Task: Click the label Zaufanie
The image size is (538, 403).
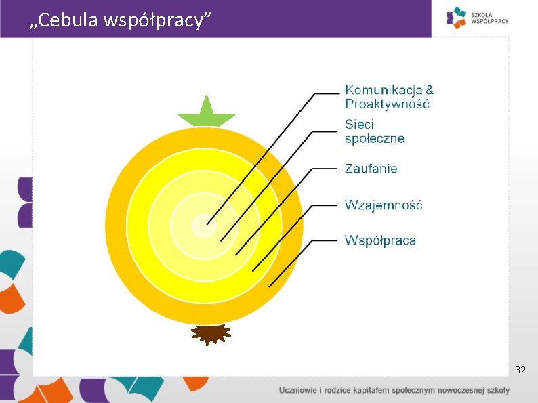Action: coord(371,169)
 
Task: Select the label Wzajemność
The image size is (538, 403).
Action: coord(383,205)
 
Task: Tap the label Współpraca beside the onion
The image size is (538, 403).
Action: coord(380,240)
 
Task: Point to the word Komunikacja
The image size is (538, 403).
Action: coord(384,90)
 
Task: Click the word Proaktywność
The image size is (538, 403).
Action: coord(387,104)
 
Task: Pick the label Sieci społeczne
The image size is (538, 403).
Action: coord(374,131)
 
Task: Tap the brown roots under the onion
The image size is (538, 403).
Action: coord(211,334)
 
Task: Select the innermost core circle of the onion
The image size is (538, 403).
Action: coord(203,226)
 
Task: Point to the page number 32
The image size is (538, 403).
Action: coord(520,370)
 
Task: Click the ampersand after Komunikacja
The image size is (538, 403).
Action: coord(430,90)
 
